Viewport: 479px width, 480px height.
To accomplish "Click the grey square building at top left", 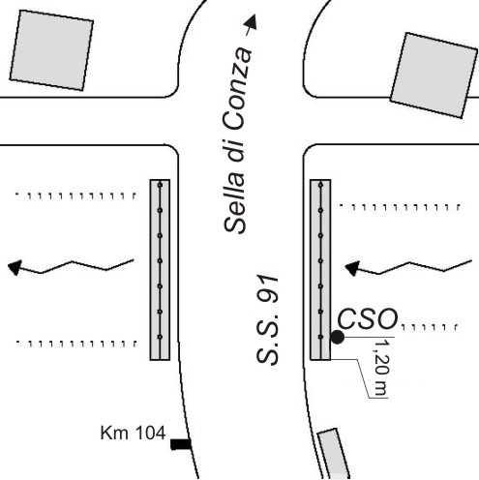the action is pos(51,50).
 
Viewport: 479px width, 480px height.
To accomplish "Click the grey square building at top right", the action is pos(434,75).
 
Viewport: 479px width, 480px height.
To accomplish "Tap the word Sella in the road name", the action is pos(234,202).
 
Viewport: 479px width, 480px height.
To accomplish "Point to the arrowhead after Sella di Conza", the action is pos(251,21).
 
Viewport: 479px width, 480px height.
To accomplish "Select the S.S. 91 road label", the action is pos(267,320).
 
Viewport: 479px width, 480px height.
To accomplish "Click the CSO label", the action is pos(368,318).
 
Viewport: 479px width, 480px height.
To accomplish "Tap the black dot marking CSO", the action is pos(338,337).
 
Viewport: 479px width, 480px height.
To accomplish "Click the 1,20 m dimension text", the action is pos(380,368).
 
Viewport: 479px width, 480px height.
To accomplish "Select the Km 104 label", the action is pos(133,433).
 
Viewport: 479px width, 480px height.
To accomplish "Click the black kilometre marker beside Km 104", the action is pos(181,444).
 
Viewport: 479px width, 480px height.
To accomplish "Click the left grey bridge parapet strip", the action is pos(160,270).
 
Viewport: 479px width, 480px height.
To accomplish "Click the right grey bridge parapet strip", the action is pos(320,270).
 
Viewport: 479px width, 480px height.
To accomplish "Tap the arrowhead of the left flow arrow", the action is pos(15,267).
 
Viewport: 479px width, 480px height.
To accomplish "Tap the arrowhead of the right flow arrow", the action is pos(352,268).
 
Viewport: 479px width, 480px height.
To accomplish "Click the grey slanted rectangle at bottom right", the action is pos(334,454).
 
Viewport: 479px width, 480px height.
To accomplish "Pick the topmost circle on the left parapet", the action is pos(160,185).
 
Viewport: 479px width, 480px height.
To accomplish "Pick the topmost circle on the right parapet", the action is pos(320,185).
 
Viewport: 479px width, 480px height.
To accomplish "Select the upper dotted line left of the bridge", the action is pos(75,195).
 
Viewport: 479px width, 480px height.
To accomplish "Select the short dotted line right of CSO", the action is pos(430,327).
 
